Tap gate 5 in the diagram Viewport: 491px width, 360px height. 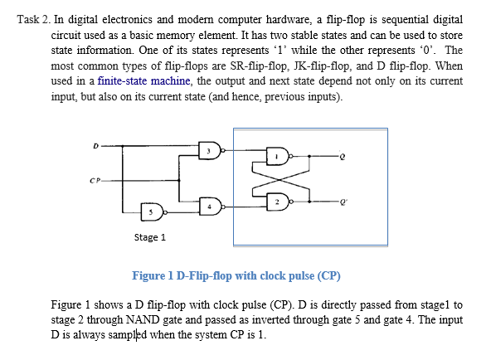pos(151,212)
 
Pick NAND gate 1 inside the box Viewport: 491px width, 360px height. pos(278,156)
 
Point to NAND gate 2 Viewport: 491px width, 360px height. pos(278,201)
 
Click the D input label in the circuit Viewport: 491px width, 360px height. pos(95,146)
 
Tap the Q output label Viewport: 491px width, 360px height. pos(341,156)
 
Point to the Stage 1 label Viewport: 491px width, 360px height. pos(150,238)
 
